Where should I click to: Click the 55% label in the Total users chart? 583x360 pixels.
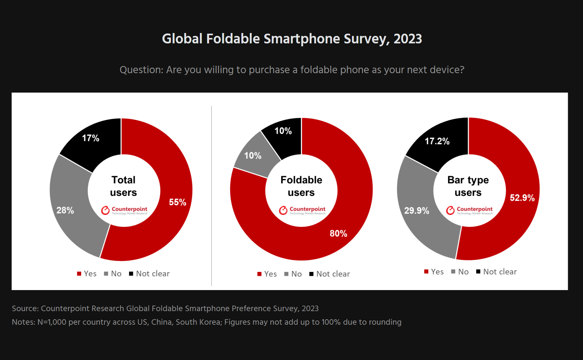177,202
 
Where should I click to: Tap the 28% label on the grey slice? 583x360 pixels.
65,210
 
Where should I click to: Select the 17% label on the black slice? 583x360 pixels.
91,138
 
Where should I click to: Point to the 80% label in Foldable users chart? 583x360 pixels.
338,233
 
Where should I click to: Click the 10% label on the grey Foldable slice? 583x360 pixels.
253,156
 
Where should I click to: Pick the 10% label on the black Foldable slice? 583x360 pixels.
283,131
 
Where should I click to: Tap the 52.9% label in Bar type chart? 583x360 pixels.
522,198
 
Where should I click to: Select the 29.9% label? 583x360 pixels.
416,211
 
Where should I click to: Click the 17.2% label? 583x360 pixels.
437,141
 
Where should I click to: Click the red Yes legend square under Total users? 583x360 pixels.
79,274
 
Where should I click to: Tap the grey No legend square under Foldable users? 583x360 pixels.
286,274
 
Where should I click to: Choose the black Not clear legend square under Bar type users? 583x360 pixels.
478,272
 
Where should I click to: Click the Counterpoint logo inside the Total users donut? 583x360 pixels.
124,210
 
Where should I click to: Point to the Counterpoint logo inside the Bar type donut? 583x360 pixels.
469,210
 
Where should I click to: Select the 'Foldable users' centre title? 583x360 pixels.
301,186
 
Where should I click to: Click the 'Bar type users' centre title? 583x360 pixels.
468,186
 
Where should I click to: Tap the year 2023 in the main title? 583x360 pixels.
408,39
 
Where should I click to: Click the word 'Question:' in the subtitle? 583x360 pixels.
141,70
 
